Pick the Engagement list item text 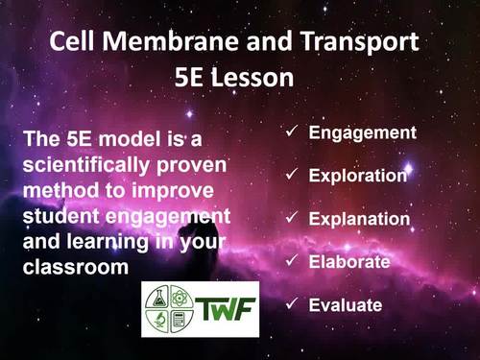(362, 132)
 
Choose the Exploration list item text (358, 176)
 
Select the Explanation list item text (359, 219)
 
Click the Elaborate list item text (348, 261)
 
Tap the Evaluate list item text (345, 305)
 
